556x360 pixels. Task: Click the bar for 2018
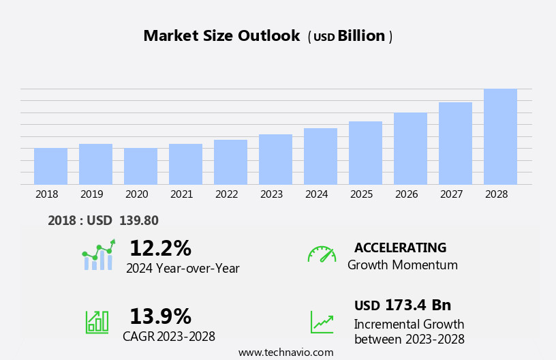coord(50,166)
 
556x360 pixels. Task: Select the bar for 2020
coord(140,166)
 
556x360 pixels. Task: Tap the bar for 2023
coord(275,160)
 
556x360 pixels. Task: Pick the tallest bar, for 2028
coord(500,137)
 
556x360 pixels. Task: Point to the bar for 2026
coord(410,149)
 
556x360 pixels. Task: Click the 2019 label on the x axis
coord(92,194)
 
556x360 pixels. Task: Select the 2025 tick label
coord(362,194)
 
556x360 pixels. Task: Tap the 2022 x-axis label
coord(227,194)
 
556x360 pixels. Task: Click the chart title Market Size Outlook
coord(221,36)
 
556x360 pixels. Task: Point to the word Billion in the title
coord(361,36)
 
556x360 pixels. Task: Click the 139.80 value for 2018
coord(139,220)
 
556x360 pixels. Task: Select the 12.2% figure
coord(160,248)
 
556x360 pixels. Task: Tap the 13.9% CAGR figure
coord(160,316)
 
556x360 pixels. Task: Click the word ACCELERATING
coord(400,247)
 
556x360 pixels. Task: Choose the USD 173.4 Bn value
coord(403,305)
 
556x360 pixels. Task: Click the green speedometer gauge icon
coord(322,254)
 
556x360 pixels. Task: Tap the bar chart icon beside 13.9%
coord(97,322)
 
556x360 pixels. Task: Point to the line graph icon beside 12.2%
coord(98,255)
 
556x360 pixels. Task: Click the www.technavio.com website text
coord(285,352)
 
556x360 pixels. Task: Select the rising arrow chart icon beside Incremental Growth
coord(322,322)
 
